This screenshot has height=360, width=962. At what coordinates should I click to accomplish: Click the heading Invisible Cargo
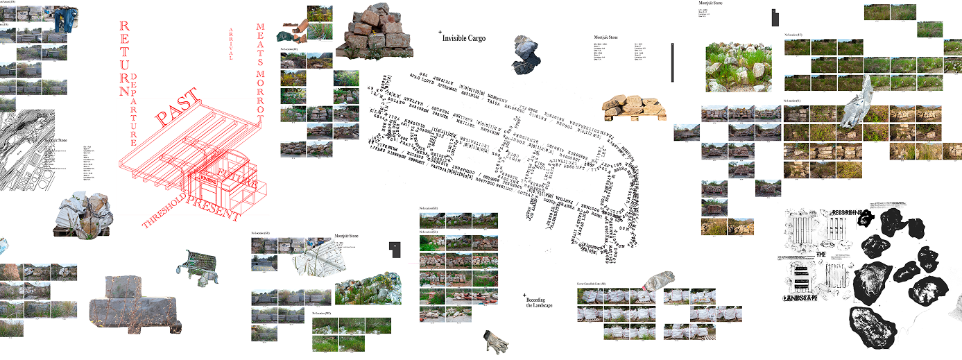tap(464, 38)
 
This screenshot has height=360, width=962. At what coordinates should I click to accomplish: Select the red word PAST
tap(176, 108)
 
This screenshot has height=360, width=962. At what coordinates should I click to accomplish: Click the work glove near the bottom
tap(496, 340)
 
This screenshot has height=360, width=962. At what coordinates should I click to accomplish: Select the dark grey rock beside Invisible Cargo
tap(525, 54)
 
